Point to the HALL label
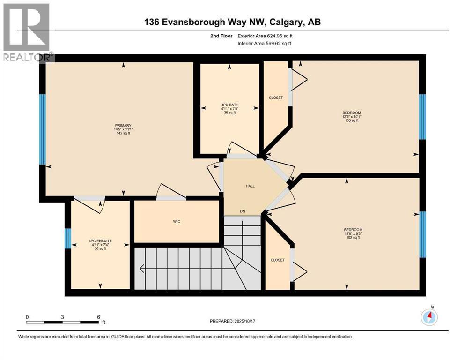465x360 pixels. (250, 186)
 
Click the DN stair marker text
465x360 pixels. (243, 211)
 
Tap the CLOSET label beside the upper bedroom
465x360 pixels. (276, 97)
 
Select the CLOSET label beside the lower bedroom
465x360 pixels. (277, 260)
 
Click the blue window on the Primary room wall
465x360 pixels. (43, 129)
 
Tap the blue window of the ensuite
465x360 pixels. (68, 238)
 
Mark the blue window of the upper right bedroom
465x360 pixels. (422, 117)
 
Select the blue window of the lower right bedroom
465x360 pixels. (422, 234)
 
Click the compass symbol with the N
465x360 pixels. (429, 317)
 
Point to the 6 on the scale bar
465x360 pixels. (98, 316)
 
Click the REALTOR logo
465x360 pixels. (27, 32)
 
